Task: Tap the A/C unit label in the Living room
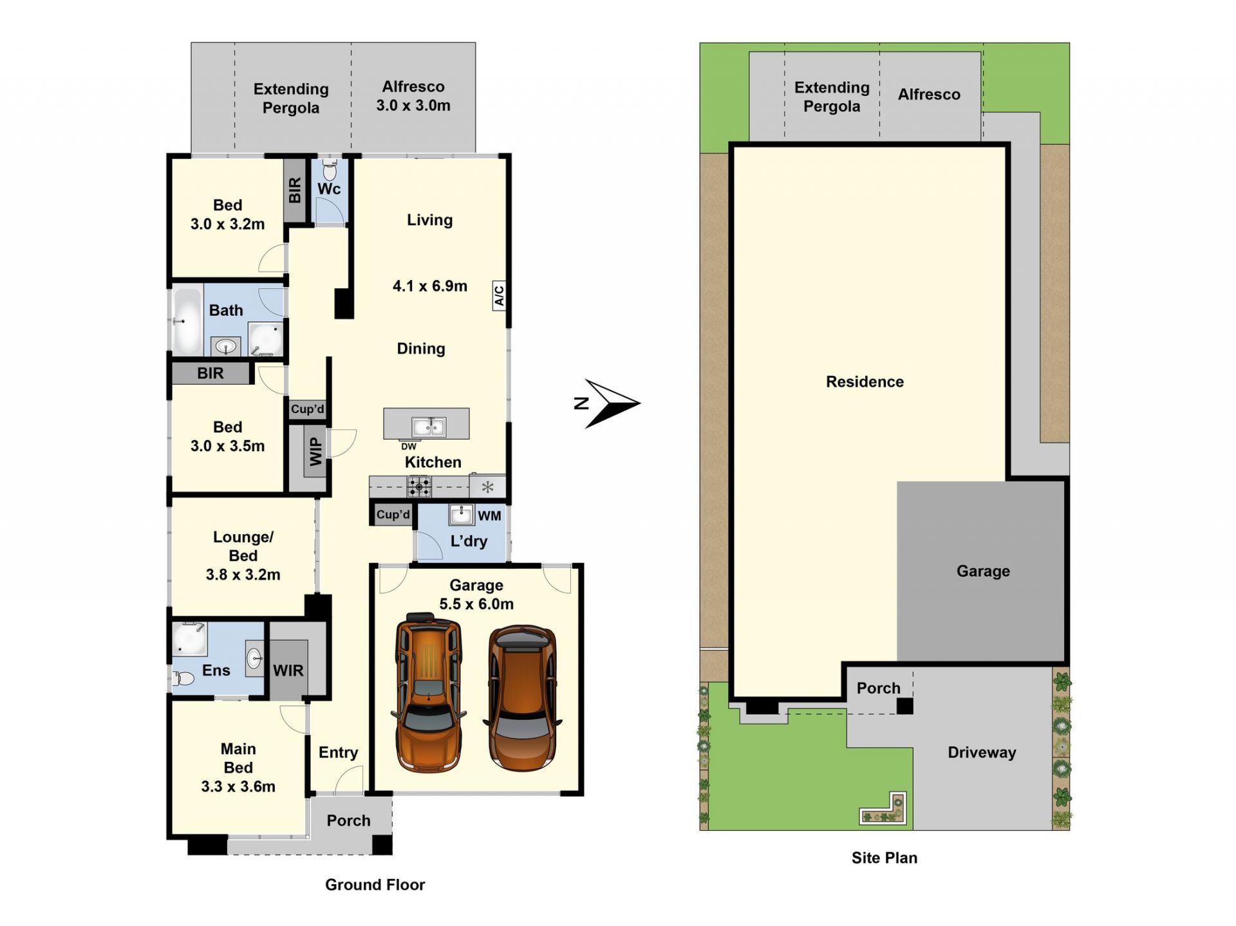click(499, 296)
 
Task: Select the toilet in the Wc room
click(330, 170)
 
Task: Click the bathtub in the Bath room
click(187, 321)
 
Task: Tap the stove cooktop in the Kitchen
click(419, 487)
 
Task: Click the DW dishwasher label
click(409, 446)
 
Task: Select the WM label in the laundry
click(489, 515)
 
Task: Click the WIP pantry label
click(315, 451)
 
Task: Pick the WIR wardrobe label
click(288, 671)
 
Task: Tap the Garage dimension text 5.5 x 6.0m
click(476, 604)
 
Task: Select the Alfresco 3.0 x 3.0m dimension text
click(413, 105)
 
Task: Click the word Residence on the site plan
click(865, 382)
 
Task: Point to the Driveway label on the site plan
click(982, 752)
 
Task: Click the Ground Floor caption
click(375, 885)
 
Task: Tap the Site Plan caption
click(884, 858)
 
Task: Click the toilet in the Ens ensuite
click(184, 678)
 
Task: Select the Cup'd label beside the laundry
click(393, 515)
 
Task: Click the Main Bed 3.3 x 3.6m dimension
click(238, 786)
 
